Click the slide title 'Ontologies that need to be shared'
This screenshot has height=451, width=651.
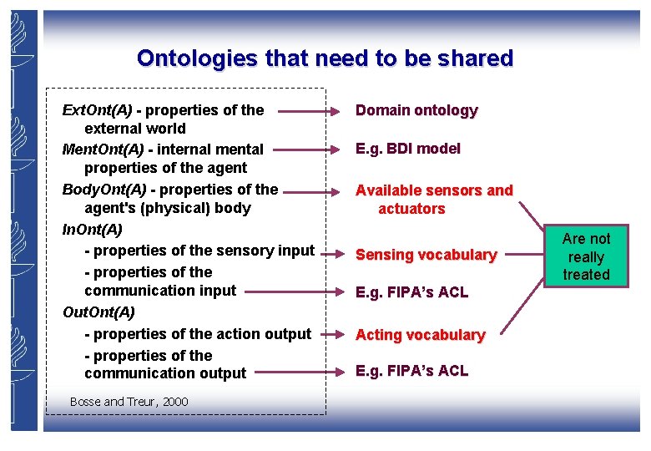(325, 58)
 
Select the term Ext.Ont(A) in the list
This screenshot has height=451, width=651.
(98, 110)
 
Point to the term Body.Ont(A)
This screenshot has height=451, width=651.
(104, 190)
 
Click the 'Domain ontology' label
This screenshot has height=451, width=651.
(416, 110)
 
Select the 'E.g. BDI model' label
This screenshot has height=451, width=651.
(407, 149)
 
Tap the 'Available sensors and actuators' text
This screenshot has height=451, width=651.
(433, 200)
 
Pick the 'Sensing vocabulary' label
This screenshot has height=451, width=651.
(426, 255)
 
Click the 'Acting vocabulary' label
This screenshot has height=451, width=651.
(420, 335)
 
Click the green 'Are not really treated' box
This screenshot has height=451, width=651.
(586, 256)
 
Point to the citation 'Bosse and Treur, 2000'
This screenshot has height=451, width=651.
(129, 402)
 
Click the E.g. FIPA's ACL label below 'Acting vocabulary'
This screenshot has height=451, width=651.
(411, 371)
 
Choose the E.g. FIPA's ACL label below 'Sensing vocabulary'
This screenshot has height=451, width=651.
(411, 292)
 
